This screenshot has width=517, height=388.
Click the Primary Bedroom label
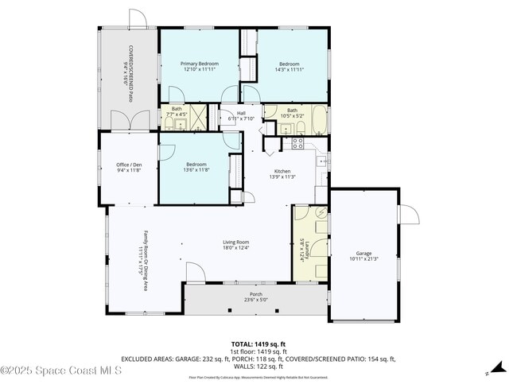(199, 64)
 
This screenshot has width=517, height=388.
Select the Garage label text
(363, 253)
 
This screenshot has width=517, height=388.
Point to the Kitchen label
(282, 171)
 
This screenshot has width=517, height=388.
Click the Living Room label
(236, 242)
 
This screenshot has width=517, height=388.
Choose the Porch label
(255, 293)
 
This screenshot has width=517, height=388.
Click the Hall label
(240, 113)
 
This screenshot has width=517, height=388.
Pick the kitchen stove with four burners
(297, 143)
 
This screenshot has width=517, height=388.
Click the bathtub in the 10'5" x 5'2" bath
(317, 120)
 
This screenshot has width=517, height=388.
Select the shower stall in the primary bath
(197, 117)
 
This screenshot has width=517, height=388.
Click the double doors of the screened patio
(130, 121)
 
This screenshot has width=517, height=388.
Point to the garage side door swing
(408, 215)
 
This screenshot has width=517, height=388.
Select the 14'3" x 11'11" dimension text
(289, 70)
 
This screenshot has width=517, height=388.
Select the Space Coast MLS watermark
(61, 371)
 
